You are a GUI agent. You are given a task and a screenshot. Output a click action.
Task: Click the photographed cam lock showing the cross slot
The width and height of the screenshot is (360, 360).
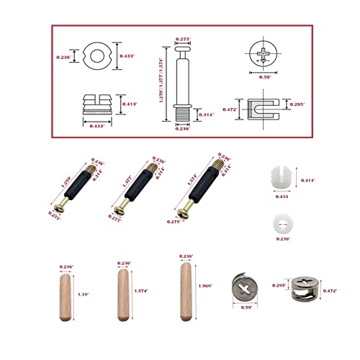point(246,291)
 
